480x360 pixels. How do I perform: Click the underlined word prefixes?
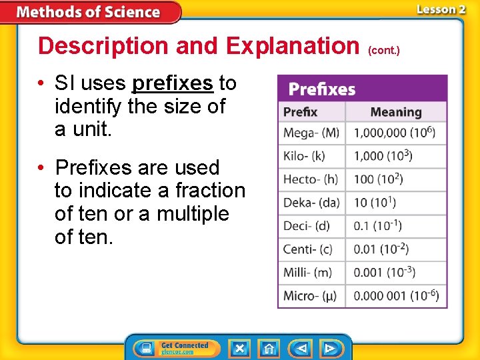click(x=173, y=83)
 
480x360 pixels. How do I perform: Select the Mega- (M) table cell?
click(x=311, y=133)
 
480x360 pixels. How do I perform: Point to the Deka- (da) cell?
click(x=311, y=203)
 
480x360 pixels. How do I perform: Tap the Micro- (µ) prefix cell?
click(x=311, y=295)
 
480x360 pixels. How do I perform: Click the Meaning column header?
click(x=396, y=111)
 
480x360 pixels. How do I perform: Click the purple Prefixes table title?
click(x=321, y=89)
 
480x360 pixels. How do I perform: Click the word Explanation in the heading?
click(x=293, y=46)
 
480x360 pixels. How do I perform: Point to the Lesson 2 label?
click(x=441, y=9)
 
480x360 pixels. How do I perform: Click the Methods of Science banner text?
click(x=88, y=12)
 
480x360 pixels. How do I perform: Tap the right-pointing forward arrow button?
click(x=329, y=348)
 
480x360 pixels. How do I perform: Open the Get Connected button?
click(x=175, y=348)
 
